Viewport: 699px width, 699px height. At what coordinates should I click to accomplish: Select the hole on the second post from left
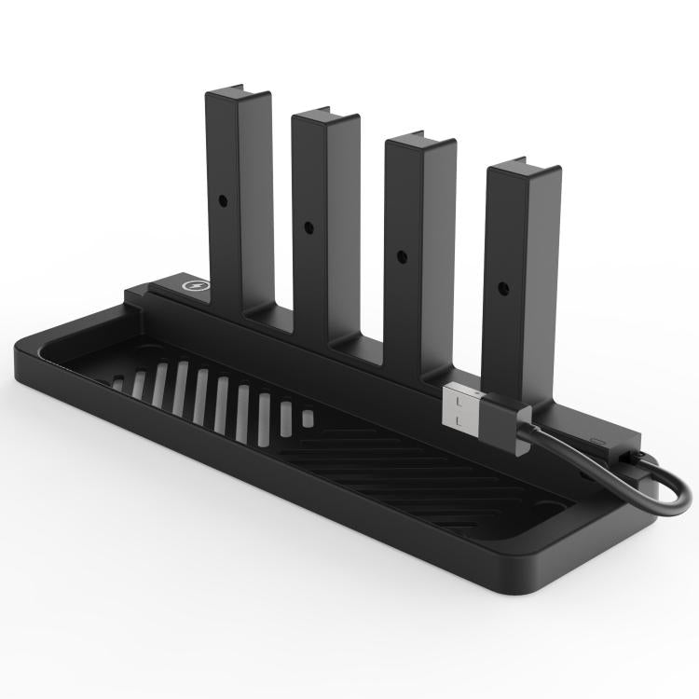pos(308,226)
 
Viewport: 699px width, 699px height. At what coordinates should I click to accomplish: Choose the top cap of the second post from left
pos(323,118)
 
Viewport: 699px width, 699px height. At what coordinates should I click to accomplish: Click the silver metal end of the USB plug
pos(462,411)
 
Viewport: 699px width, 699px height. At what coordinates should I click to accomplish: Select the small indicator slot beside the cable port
pos(596,437)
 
